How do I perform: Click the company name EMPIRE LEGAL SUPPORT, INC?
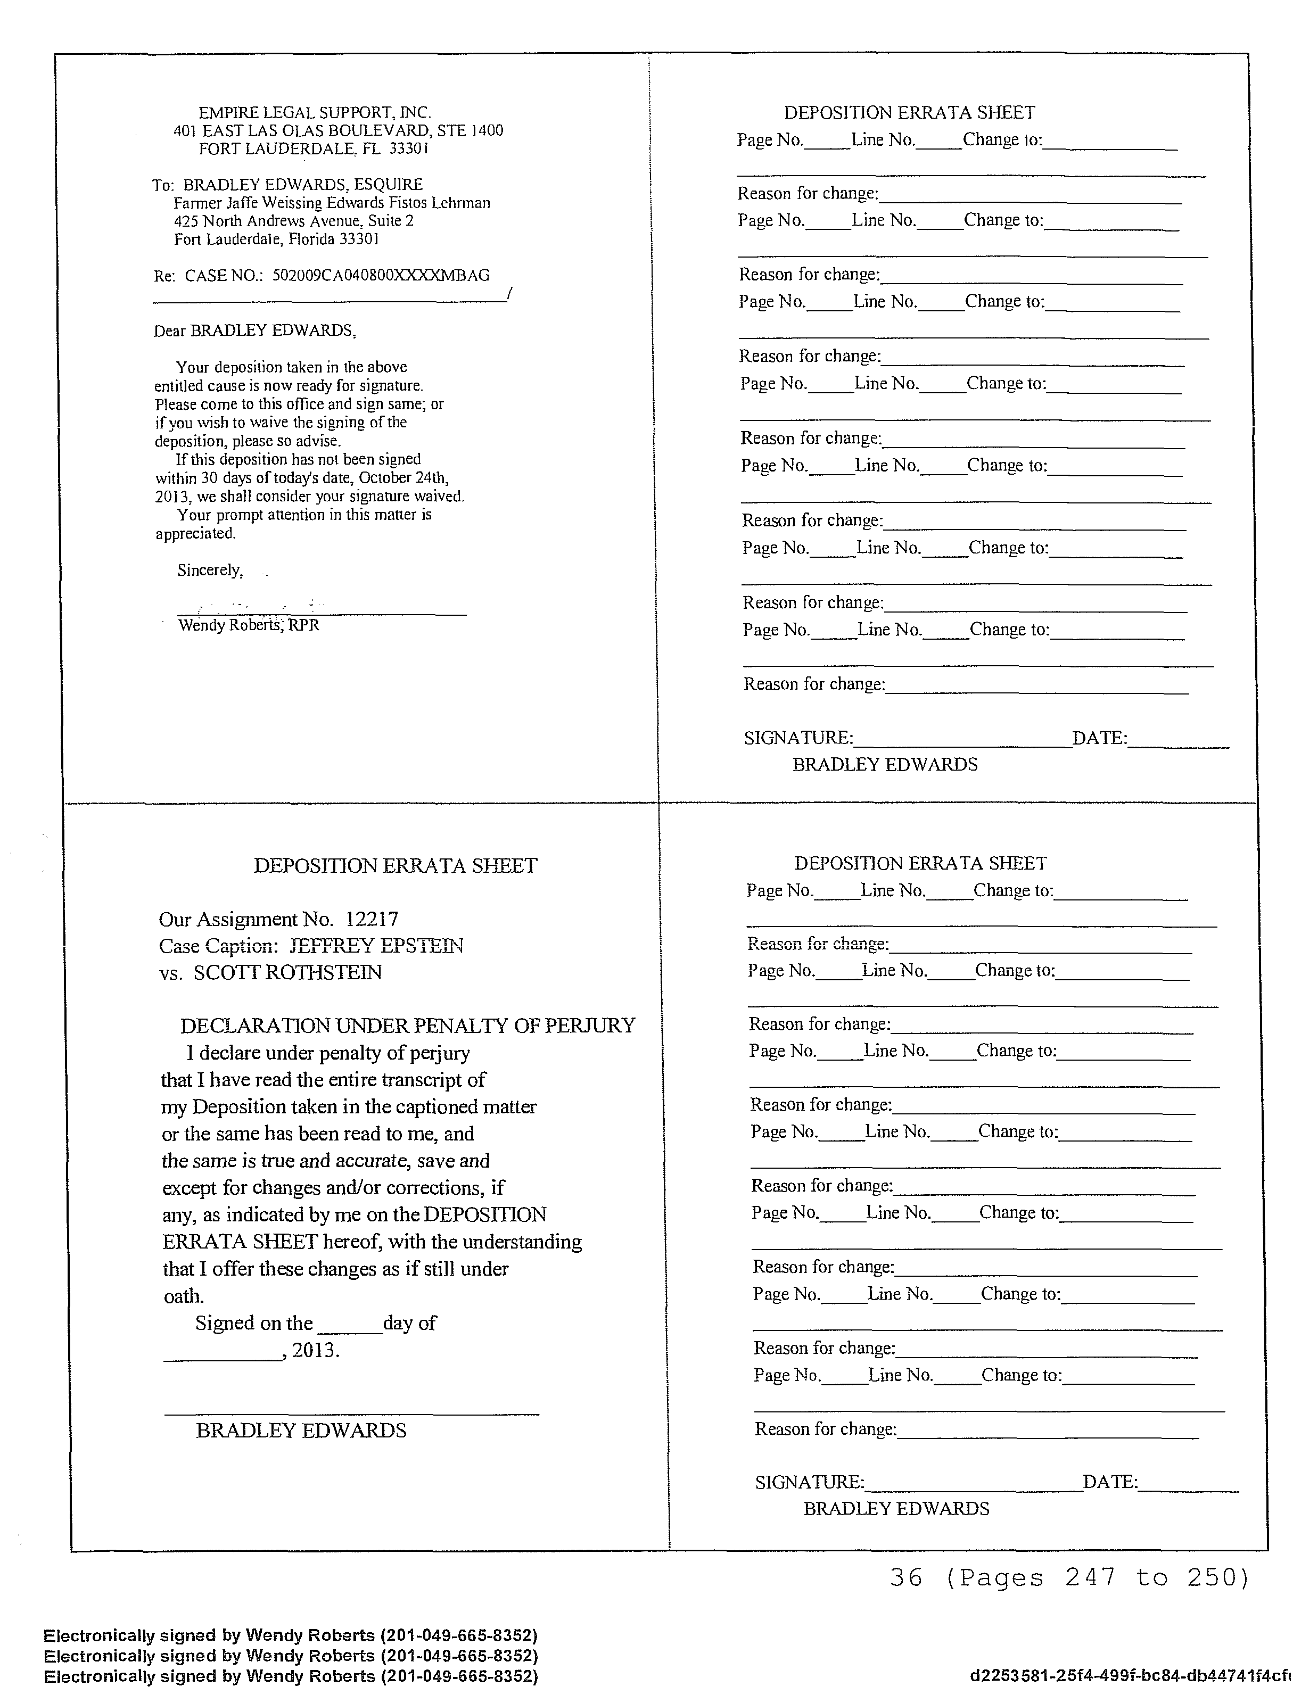(x=314, y=112)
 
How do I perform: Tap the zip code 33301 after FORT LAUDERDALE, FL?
(x=408, y=148)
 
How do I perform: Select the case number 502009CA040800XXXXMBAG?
(x=381, y=276)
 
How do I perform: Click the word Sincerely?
(x=210, y=571)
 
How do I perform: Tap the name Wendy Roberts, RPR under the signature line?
(x=248, y=625)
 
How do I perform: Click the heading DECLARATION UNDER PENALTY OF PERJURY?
(x=407, y=1026)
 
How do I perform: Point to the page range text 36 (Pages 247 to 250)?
(x=1069, y=1577)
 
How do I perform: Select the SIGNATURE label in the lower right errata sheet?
(x=809, y=1482)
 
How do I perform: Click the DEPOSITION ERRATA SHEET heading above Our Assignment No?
(x=395, y=866)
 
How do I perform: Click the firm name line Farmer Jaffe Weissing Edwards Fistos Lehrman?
(x=332, y=203)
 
